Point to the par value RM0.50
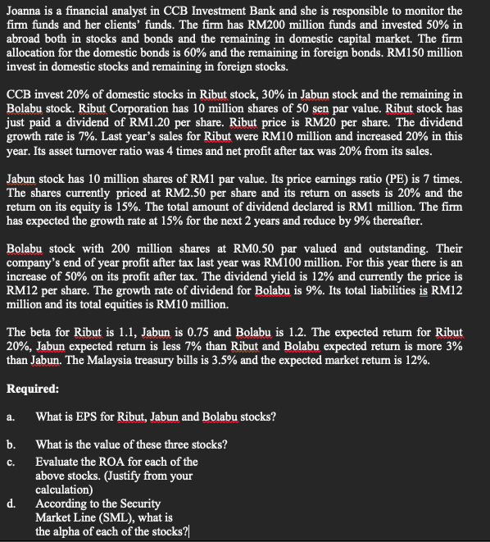coord(252,248)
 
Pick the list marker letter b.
coord(11,444)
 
